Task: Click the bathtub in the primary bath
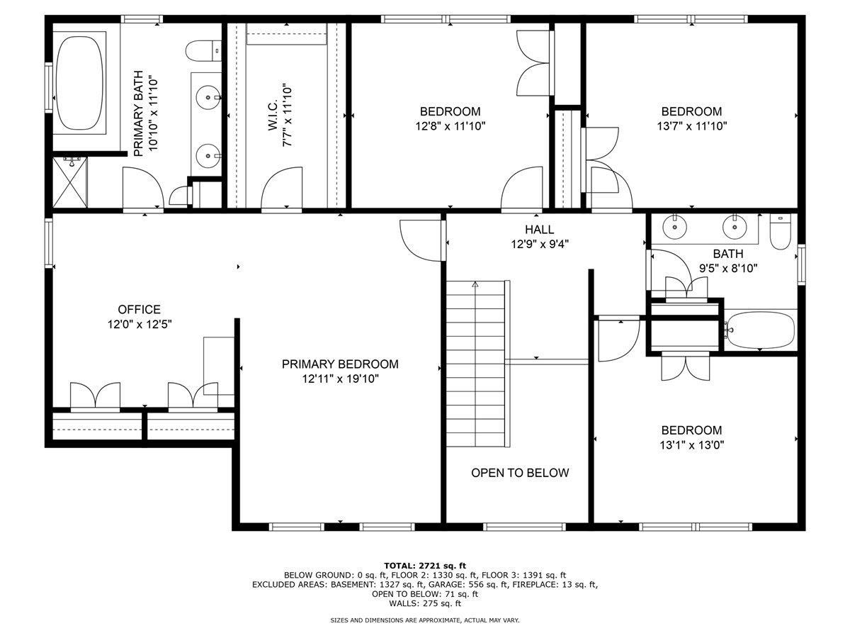(x=79, y=82)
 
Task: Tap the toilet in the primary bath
(x=202, y=51)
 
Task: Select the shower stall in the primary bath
(x=69, y=181)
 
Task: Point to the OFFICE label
(x=139, y=310)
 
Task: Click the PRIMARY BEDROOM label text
(x=340, y=364)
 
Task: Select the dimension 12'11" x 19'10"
(x=340, y=379)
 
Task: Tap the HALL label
(x=539, y=230)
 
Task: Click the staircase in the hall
(x=476, y=363)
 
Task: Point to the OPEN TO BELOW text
(x=520, y=473)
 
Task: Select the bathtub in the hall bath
(x=761, y=330)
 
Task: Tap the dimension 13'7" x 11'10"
(x=691, y=126)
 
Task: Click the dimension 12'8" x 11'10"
(x=450, y=126)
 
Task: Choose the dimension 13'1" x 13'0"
(x=691, y=445)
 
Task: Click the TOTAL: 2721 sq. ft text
(x=425, y=565)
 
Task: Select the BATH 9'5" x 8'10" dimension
(x=727, y=268)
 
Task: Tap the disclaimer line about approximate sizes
(x=425, y=620)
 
